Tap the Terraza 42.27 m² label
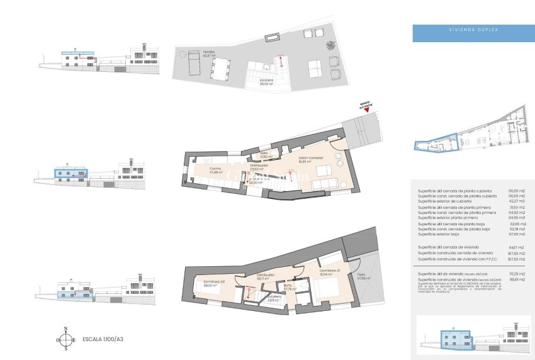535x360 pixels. pyautogui.click(x=191, y=53)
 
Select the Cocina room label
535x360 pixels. pyautogui.click(x=213, y=170)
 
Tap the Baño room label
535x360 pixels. pyautogui.click(x=290, y=288)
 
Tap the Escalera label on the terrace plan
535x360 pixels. pyautogui.click(x=267, y=82)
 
